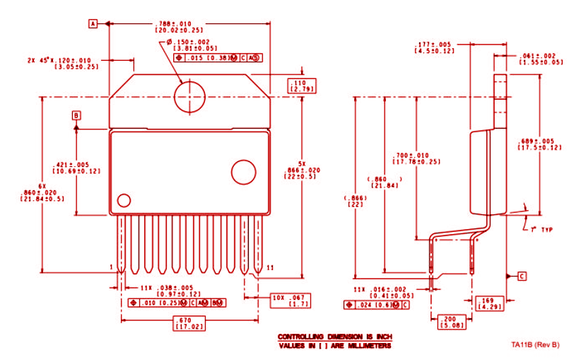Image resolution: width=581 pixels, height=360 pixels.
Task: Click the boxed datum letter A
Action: click(x=92, y=23)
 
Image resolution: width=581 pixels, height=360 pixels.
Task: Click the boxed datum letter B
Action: click(x=76, y=115)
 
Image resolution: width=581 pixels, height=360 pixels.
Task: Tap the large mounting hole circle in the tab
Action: click(x=190, y=95)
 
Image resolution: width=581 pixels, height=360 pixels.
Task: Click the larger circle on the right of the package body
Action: click(x=244, y=173)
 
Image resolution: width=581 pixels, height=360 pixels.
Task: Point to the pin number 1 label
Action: click(x=112, y=267)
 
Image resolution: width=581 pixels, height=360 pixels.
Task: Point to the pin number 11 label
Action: click(x=271, y=267)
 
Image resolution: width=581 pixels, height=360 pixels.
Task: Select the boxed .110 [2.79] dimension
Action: click(x=301, y=86)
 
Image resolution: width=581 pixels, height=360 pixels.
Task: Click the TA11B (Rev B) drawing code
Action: click(x=535, y=344)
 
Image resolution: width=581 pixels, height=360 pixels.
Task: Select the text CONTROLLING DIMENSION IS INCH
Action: click(x=334, y=337)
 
